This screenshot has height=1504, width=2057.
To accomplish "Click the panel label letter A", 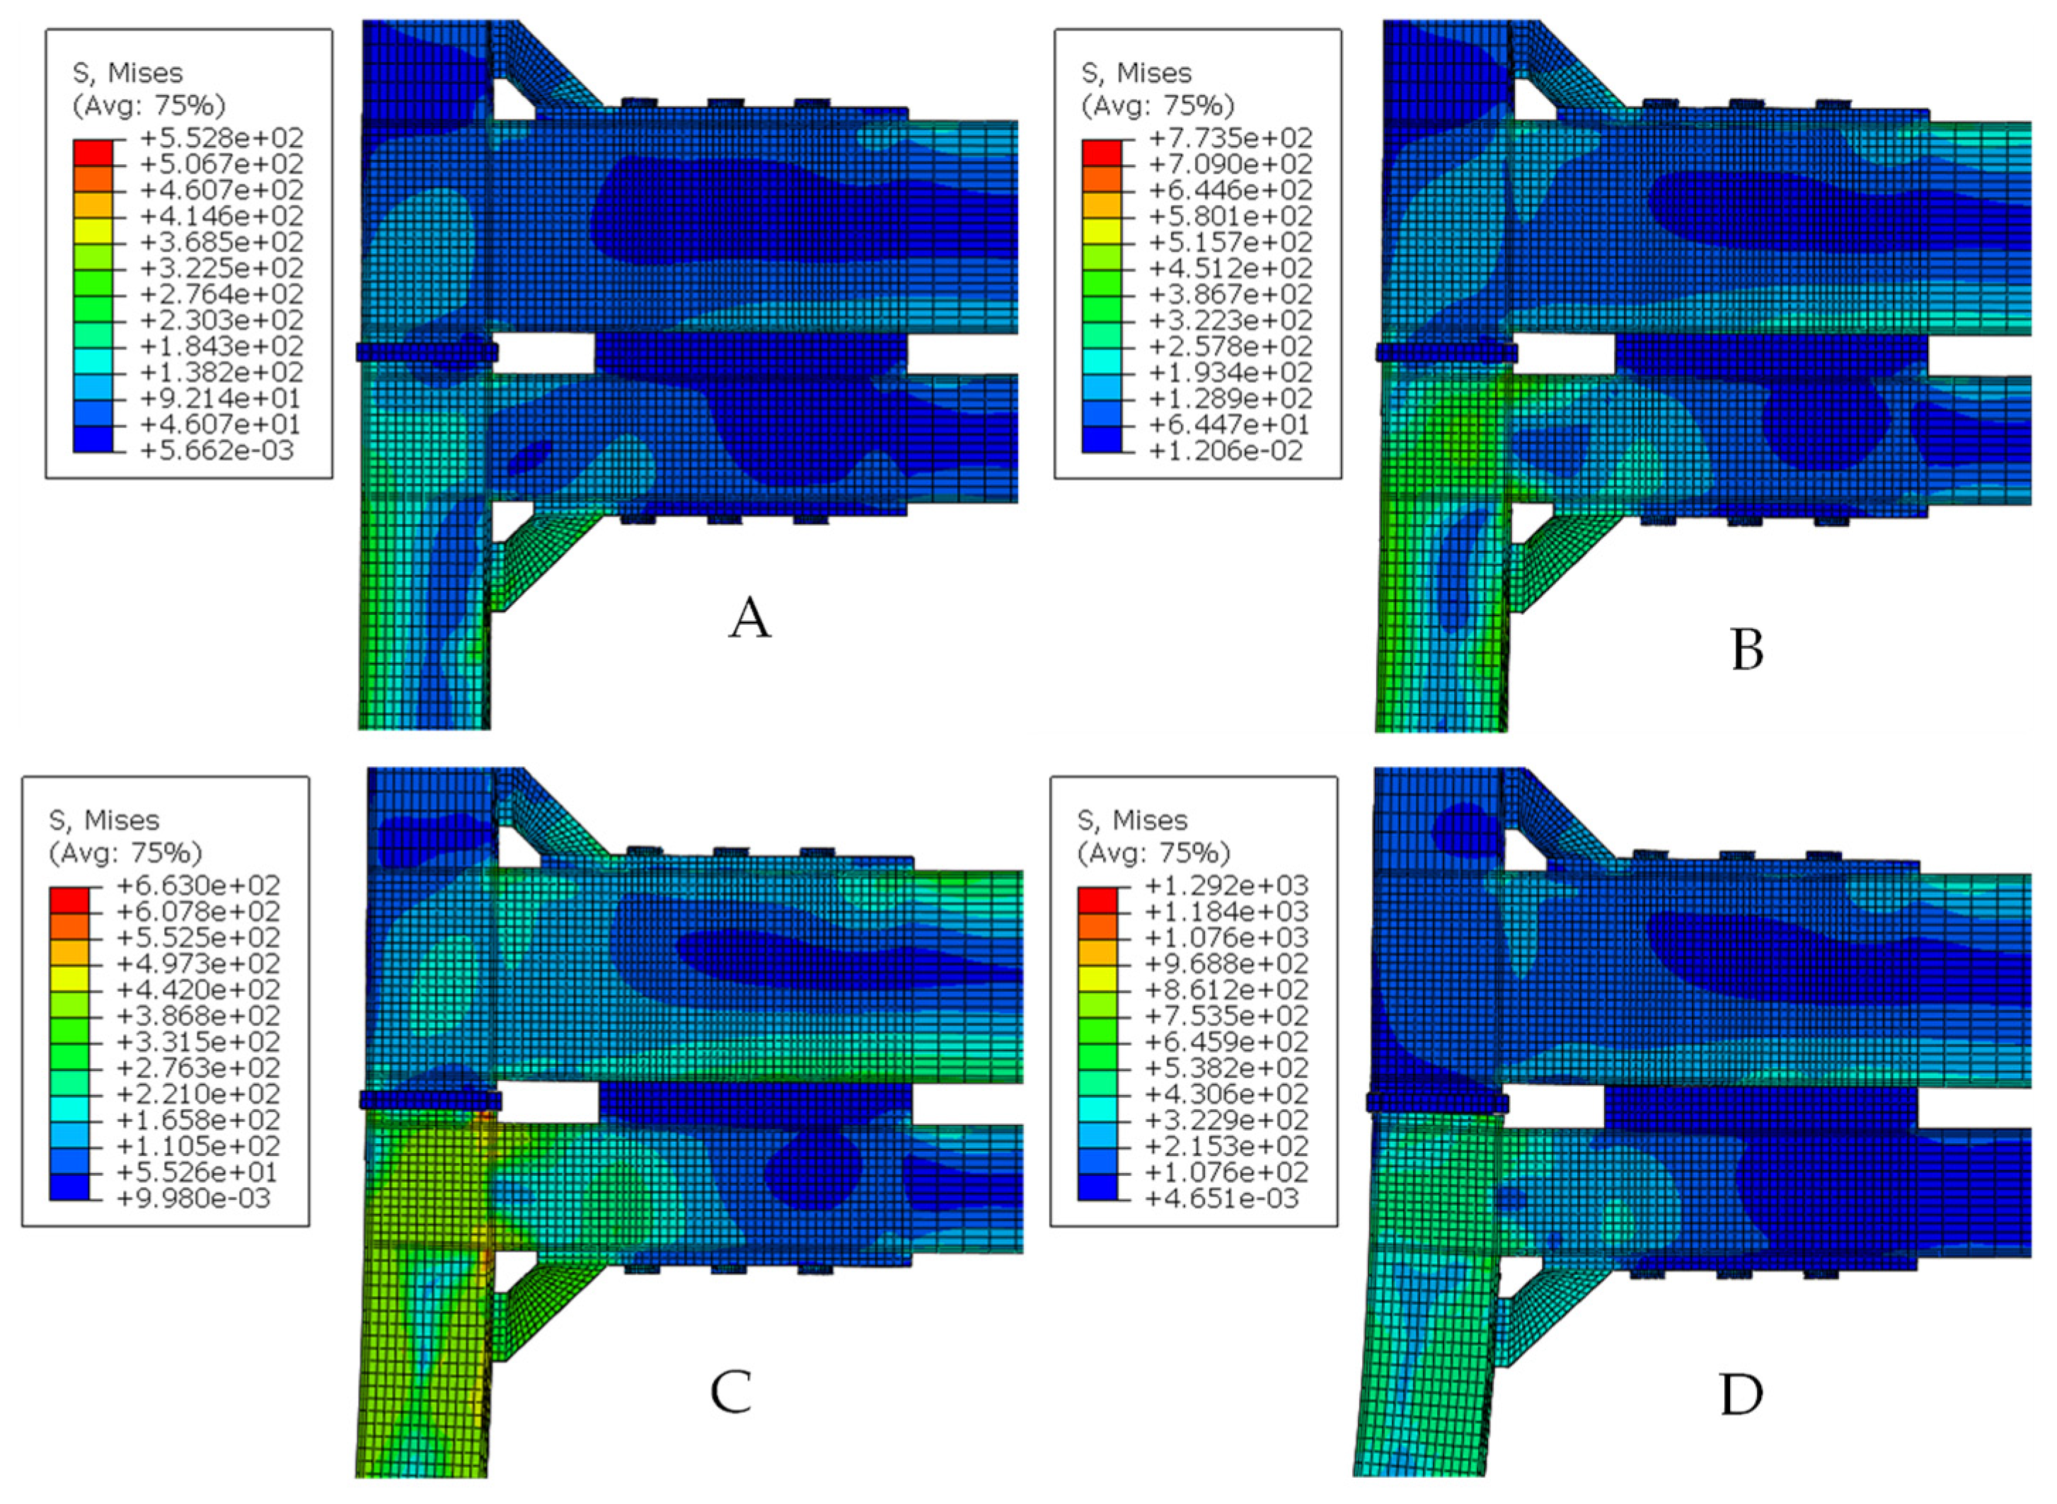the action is [x=749, y=619].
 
